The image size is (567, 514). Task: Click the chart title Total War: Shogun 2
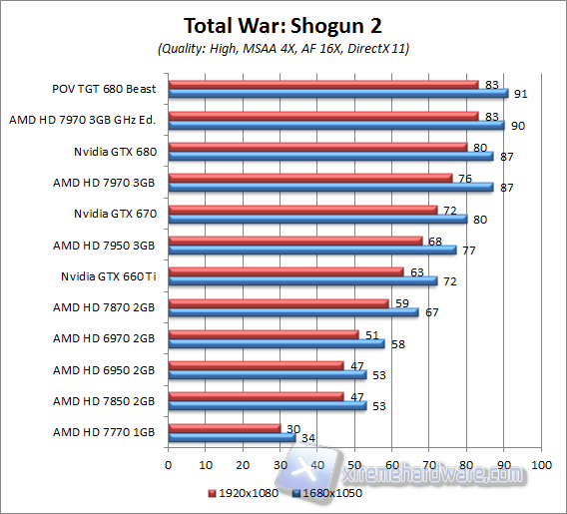click(283, 23)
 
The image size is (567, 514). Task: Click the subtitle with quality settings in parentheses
click(283, 48)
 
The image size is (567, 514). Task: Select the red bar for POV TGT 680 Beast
click(323, 84)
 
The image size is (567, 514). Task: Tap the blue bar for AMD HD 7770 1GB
click(232, 436)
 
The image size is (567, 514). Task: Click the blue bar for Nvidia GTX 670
click(317, 219)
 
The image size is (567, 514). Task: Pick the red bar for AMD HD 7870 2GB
click(279, 302)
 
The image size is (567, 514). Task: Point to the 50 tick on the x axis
click(354, 466)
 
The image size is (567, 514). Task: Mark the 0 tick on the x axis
click(168, 466)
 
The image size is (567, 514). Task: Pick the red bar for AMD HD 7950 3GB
click(295, 240)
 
